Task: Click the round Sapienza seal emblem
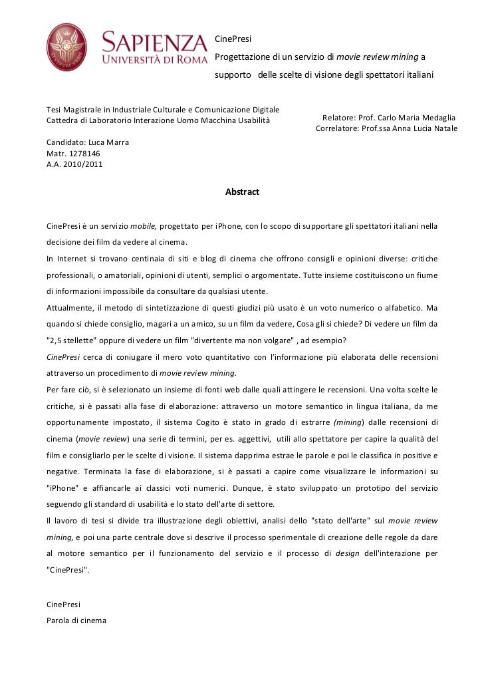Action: click(66, 47)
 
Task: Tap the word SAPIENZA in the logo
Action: click(154, 44)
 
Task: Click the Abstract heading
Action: click(242, 192)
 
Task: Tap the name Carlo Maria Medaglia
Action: click(418, 118)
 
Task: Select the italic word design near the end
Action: click(347, 553)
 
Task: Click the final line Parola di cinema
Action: click(76, 620)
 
